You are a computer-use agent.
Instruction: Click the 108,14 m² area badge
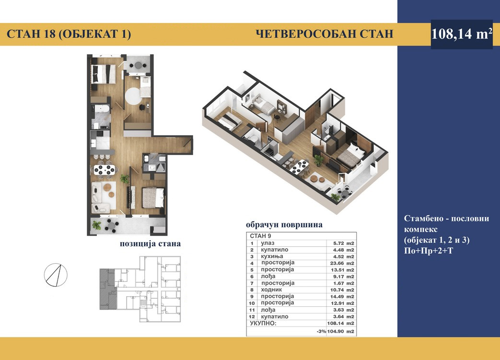[x=462, y=34]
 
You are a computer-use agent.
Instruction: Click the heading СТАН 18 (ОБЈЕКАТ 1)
[x=69, y=34]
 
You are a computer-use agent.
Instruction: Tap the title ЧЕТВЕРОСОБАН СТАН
[x=325, y=34]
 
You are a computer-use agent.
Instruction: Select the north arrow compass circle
[x=56, y=275]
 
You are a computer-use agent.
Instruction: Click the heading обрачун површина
[x=284, y=224]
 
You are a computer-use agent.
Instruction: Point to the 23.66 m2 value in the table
[x=341, y=263]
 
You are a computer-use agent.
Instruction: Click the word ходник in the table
[x=271, y=290]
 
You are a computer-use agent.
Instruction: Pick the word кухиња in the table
[x=272, y=256]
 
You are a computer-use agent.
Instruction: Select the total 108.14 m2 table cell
[x=341, y=324]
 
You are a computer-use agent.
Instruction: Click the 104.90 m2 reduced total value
[x=341, y=331]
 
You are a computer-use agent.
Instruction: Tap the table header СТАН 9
[x=260, y=236]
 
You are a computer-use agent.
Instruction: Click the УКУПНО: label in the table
[x=263, y=324]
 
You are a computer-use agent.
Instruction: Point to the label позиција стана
[x=150, y=244]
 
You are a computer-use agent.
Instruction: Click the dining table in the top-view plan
[x=105, y=169]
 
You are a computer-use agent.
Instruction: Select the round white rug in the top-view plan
[x=132, y=96]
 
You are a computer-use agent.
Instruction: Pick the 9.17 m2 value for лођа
[x=341, y=277]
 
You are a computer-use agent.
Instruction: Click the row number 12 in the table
[x=252, y=317]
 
